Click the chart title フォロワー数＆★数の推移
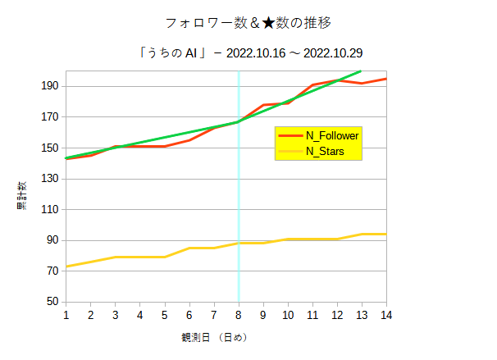[x=248, y=21]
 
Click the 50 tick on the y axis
[x=52, y=302]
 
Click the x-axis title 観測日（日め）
[x=214, y=337]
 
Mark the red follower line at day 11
[x=312, y=84]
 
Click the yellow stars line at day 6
[x=189, y=248]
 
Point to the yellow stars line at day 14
[x=385, y=235]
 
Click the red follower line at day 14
[x=385, y=79]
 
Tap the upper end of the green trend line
[x=360, y=71]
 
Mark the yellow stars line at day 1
[x=67, y=267]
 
